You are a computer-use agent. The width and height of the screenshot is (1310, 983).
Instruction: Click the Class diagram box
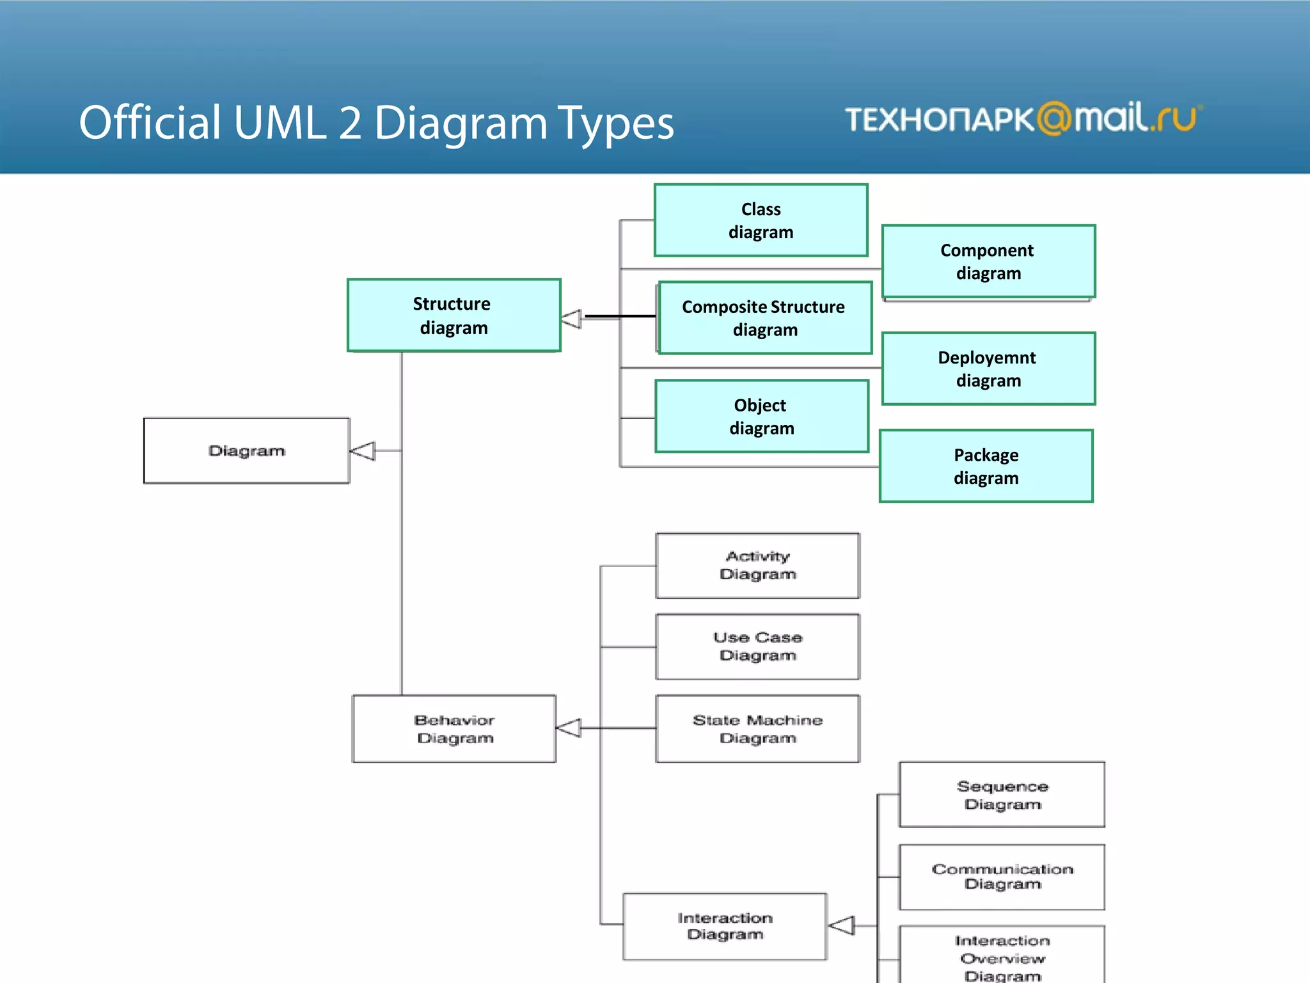tap(761, 220)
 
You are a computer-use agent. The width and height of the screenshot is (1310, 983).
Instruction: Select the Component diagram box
tap(988, 261)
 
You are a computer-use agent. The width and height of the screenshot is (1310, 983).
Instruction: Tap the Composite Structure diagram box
tap(765, 317)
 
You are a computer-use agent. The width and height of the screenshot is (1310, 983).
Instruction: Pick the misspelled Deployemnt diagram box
tap(988, 369)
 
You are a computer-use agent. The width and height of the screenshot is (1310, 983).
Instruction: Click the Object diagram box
tap(761, 416)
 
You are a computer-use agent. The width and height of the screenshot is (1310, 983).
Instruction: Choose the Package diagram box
tap(986, 466)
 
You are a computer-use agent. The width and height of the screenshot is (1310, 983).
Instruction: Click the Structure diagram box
tap(454, 315)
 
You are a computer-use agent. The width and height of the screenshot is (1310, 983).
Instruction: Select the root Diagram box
tap(246, 451)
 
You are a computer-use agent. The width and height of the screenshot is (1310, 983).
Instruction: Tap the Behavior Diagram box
tap(454, 728)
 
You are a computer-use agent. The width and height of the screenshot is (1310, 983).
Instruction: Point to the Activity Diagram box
tap(757, 565)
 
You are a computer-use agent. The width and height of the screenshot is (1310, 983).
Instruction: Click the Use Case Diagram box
tap(757, 646)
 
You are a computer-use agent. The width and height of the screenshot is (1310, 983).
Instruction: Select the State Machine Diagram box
tap(757, 728)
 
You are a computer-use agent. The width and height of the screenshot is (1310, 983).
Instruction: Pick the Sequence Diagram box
tap(1002, 794)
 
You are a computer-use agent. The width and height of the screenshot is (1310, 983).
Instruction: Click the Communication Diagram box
tap(1002, 877)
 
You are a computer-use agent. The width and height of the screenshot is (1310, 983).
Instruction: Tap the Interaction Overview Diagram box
tap(1002, 957)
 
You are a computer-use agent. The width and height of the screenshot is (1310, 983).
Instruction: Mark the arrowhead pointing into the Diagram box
tap(363, 451)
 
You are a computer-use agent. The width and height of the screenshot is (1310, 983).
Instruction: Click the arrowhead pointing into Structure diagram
tap(571, 318)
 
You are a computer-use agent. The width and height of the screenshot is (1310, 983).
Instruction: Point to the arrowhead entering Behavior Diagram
tap(568, 728)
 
